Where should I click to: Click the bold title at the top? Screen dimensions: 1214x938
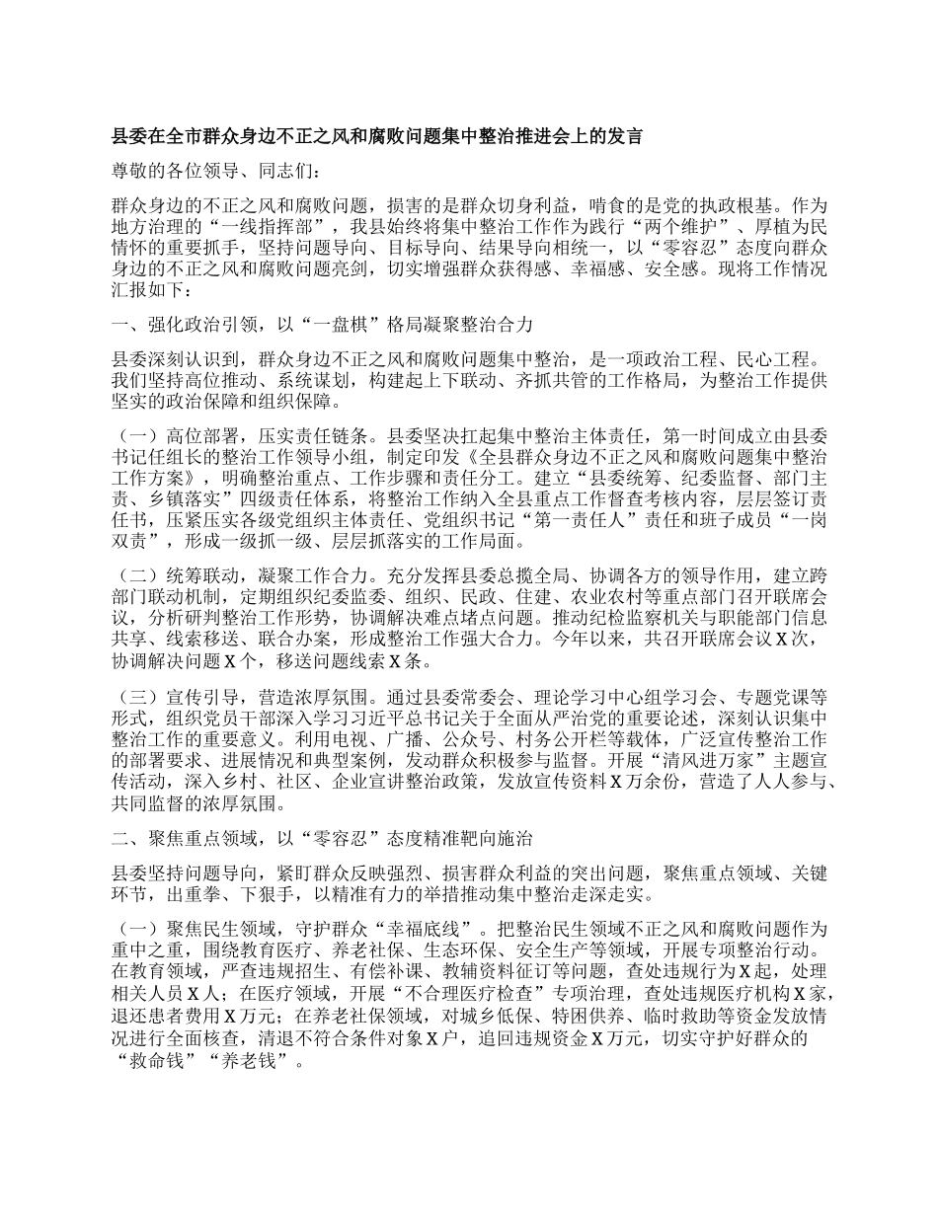[x=378, y=136]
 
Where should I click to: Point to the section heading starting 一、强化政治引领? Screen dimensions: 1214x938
[x=325, y=324]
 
